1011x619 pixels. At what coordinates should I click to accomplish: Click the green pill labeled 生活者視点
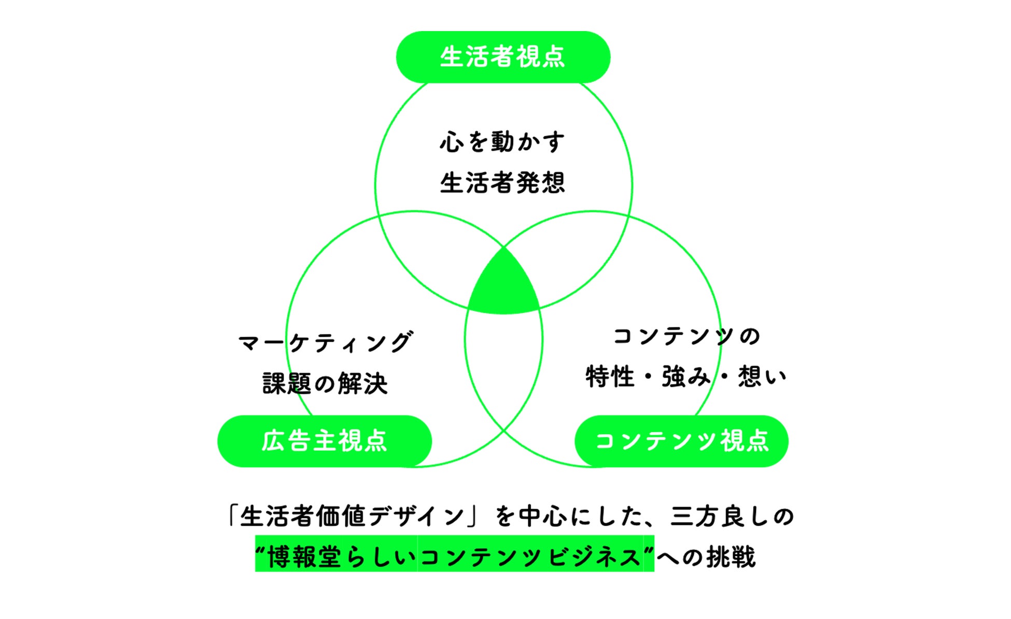point(503,57)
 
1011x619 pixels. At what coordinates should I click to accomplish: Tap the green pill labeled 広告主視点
point(325,441)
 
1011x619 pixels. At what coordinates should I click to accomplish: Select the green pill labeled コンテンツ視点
point(681,441)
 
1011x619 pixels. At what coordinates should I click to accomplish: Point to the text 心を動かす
point(502,142)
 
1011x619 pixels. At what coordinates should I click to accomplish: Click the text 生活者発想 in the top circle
point(502,183)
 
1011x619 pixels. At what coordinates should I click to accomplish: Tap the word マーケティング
point(325,342)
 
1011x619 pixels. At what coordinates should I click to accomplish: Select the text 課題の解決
point(325,383)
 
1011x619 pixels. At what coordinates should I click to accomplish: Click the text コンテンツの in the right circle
point(686,336)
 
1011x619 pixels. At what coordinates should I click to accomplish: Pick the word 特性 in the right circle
point(610,377)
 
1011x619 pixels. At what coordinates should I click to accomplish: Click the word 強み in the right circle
point(686,377)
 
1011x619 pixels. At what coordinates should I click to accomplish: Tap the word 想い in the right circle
point(762,377)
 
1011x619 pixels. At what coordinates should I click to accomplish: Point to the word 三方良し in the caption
point(720,516)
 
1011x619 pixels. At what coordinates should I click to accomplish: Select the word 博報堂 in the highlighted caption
point(304,557)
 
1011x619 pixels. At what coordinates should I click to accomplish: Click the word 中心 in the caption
point(543,516)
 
